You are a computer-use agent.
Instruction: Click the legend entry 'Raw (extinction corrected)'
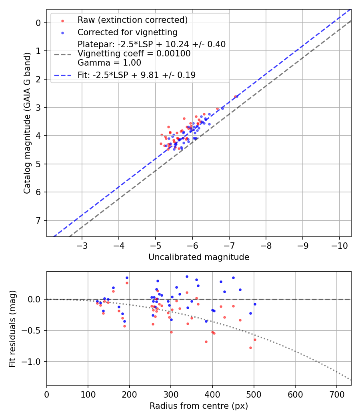132,20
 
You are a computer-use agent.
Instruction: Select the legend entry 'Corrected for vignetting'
127,32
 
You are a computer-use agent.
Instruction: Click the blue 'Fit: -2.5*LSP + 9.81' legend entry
136,75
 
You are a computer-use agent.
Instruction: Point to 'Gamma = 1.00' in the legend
109,63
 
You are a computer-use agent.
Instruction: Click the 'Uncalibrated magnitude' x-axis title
199,257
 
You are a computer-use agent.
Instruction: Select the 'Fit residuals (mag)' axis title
12,328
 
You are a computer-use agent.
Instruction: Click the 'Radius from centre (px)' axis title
199,406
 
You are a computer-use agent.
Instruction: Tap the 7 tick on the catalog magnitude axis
38,220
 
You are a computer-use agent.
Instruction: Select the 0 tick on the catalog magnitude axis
38,23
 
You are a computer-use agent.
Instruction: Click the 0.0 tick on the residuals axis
36,299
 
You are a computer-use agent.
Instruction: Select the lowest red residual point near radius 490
250,348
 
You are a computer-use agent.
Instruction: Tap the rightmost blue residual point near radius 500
255,304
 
